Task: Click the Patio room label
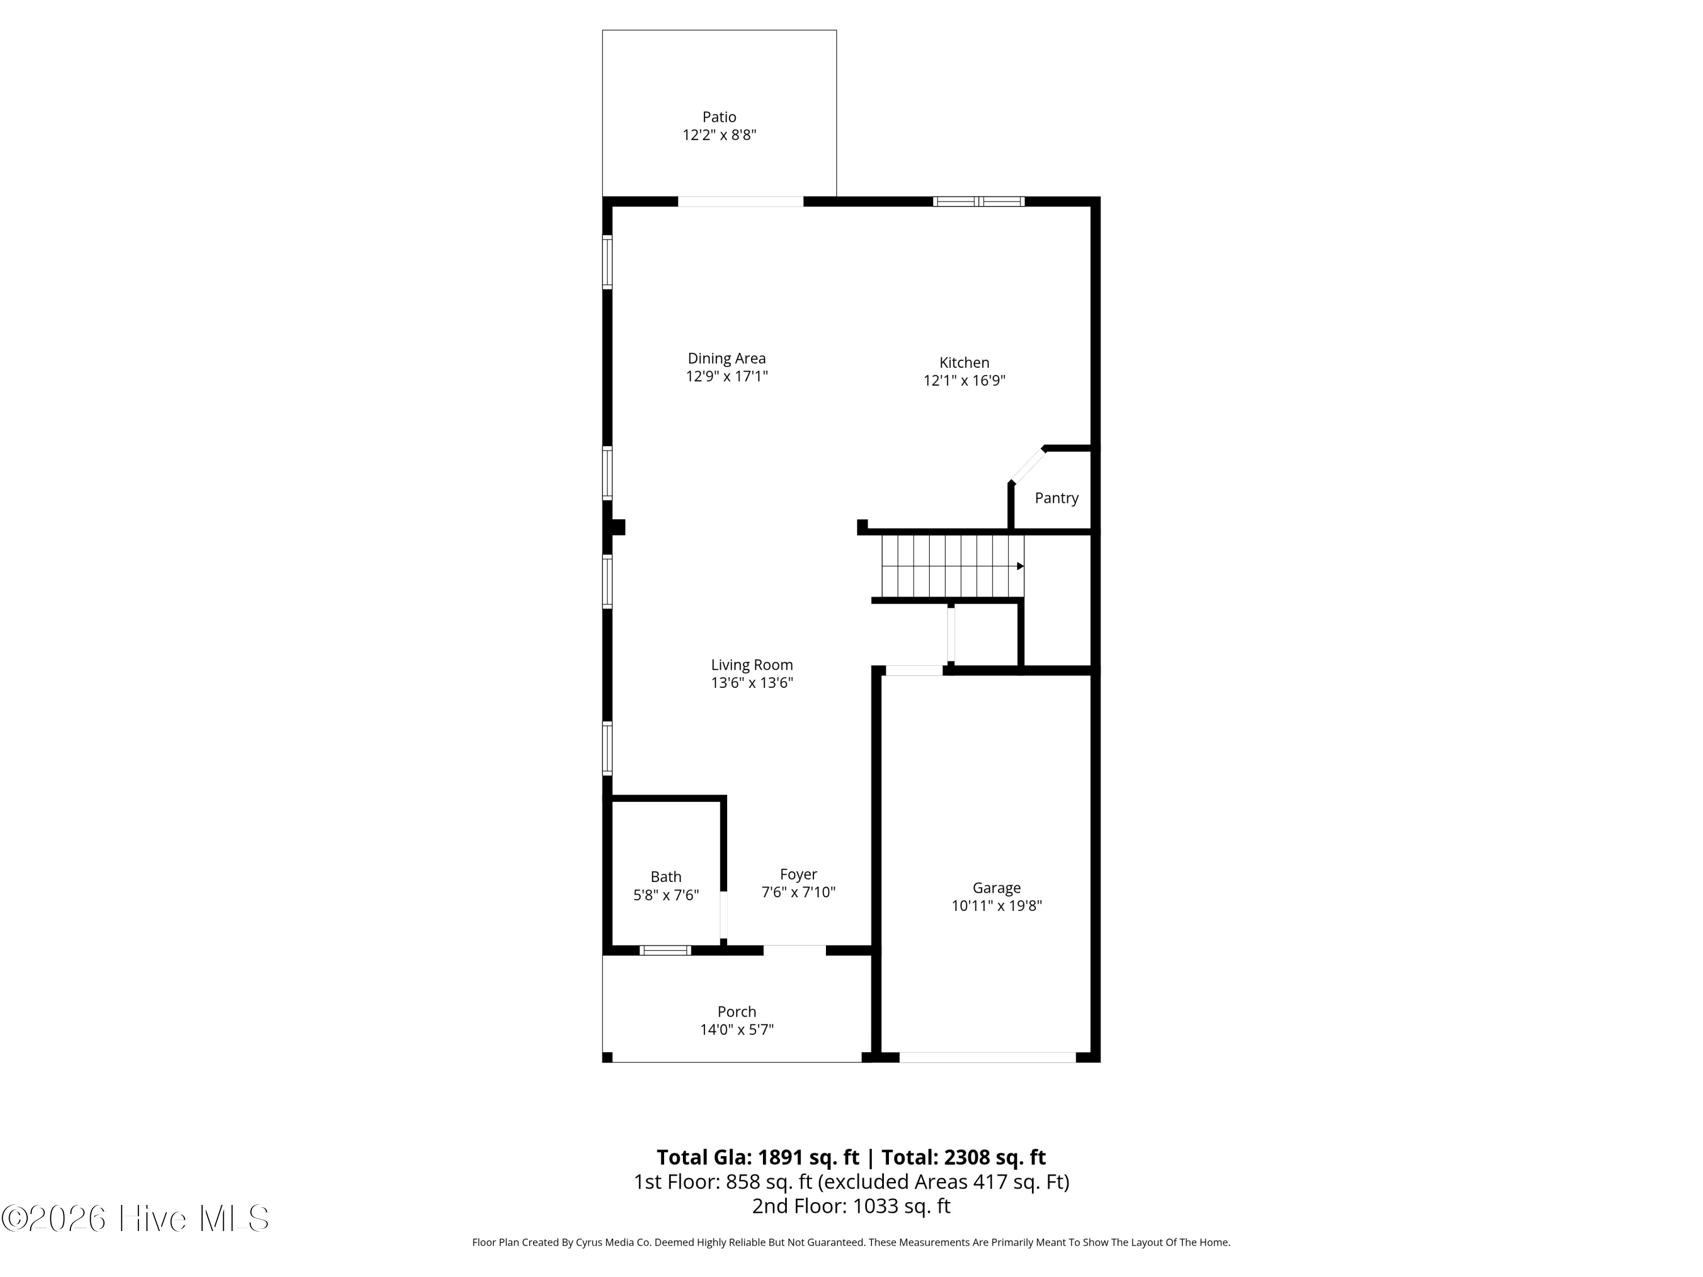coord(719,117)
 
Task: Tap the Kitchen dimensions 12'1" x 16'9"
coord(964,380)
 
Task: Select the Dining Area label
coord(726,358)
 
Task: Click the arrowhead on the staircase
coord(1020,566)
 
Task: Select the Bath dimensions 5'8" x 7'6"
coord(665,895)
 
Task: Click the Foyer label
coord(798,875)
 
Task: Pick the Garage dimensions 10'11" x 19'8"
coord(996,906)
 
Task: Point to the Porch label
coord(736,1011)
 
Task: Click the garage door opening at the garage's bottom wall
coord(987,1057)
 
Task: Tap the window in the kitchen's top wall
coord(979,201)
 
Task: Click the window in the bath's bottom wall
coord(665,951)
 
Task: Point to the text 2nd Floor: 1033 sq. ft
coord(851,1205)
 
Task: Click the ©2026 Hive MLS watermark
coord(136,1219)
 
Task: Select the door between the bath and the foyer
coord(724,915)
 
